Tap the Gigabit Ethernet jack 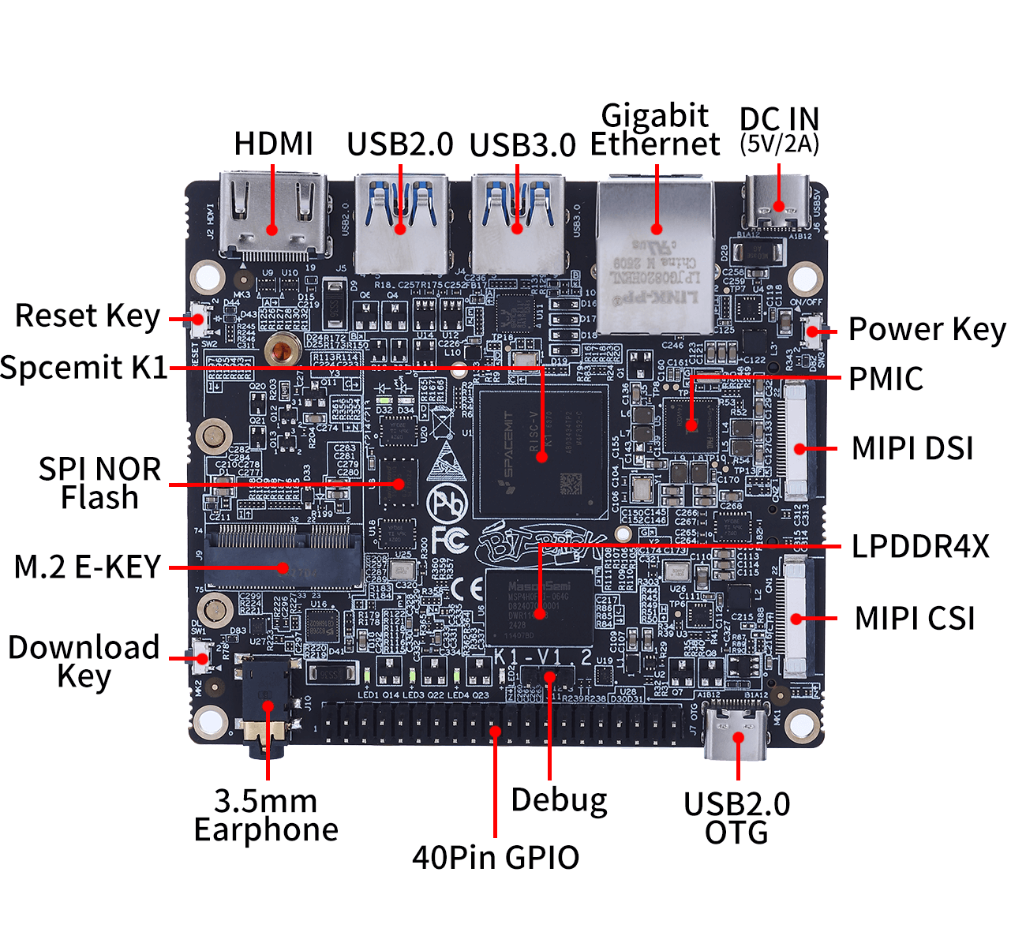[x=656, y=256]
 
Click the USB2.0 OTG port [x=737, y=732]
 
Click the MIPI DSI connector [x=798, y=442]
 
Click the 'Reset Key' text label [x=88, y=316]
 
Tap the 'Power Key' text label [x=927, y=330]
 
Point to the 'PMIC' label [x=886, y=379]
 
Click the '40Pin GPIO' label [x=496, y=858]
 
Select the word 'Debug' [x=559, y=800]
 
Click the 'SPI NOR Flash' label [x=99, y=483]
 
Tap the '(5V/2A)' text [x=779, y=144]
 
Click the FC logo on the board [x=450, y=541]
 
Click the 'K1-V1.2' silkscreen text [x=543, y=657]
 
